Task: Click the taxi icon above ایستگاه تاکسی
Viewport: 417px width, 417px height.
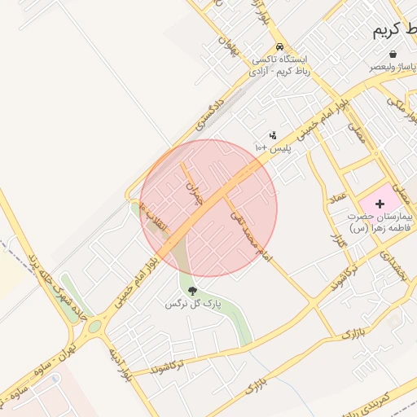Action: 280,46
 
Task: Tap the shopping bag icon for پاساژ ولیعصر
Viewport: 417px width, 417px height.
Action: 393,55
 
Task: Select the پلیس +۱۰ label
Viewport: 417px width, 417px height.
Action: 272,147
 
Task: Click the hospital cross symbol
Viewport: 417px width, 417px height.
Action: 380,201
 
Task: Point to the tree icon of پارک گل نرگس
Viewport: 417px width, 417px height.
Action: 192,291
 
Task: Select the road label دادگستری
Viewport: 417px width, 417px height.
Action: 208,113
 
